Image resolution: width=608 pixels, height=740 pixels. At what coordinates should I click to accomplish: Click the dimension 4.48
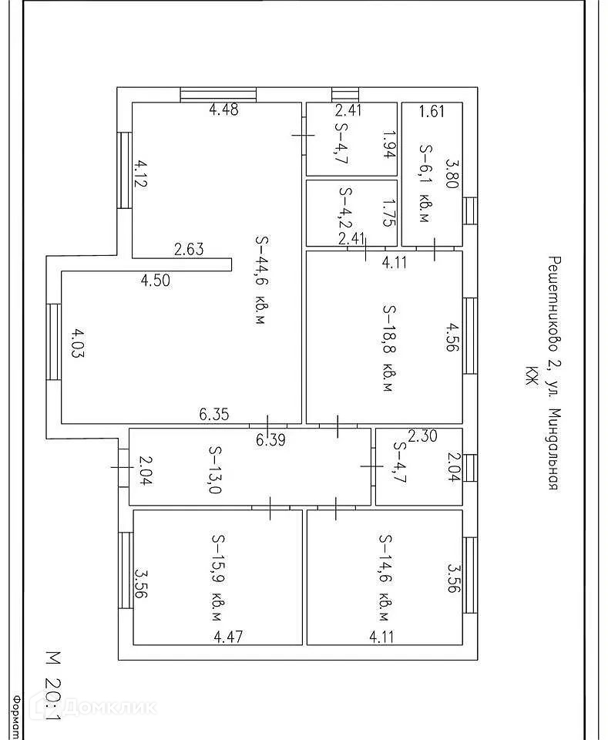coord(223,109)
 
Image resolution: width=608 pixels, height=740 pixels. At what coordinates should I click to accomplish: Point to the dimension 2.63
coord(189,249)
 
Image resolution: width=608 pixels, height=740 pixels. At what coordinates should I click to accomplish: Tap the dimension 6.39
coord(270,440)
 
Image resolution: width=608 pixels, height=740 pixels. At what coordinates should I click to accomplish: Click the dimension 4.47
coord(229,637)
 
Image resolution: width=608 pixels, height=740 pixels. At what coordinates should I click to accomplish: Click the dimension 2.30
coord(422,436)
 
